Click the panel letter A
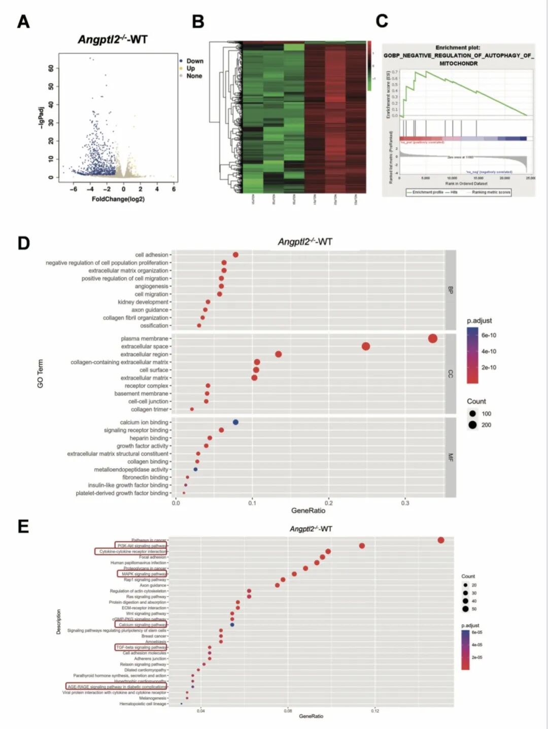tap(23, 22)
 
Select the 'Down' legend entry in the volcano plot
tap(194, 61)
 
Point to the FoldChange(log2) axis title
tap(118, 199)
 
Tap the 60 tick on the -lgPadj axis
tap(51, 68)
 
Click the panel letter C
tap(382, 21)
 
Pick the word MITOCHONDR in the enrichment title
tap(458, 63)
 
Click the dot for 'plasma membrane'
tap(432, 338)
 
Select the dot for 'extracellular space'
tap(366, 347)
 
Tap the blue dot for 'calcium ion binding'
tap(235, 422)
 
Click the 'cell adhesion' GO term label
tap(151, 255)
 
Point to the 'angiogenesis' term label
tap(151, 286)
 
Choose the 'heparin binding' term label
tap(149, 438)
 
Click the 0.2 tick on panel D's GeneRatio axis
tap(329, 503)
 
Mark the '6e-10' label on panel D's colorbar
tap(489, 335)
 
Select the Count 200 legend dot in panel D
tap(472, 425)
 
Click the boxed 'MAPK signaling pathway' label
tap(144, 574)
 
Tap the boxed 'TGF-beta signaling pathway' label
tap(141, 647)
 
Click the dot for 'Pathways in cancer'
tap(441, 540)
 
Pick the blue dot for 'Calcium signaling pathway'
tap(232, 625)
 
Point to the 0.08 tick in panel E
tap(288, 711)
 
